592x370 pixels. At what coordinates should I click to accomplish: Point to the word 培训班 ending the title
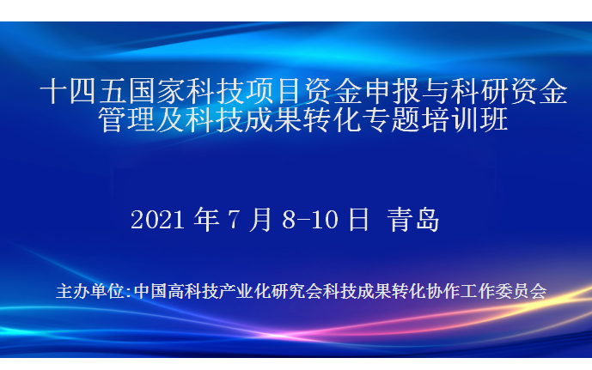(464, 120)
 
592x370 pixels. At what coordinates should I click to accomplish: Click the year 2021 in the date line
(159, 220)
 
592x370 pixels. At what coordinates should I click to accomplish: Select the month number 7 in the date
(234, 220)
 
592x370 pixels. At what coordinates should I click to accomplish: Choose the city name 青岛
(412, 220)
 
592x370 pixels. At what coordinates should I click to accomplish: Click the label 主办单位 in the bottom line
(89, 291)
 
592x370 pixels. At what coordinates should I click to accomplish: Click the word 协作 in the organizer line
(446, 291)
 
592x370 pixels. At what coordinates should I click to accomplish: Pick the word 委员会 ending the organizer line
(522, 291)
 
